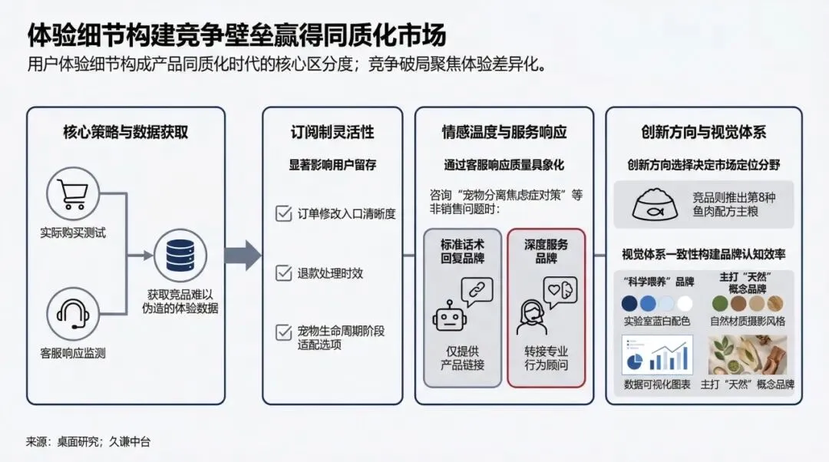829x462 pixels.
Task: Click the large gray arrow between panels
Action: pyautogui.click(x=243, y=255)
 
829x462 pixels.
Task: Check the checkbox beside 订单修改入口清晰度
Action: pyautogui.click(x=283, y=213)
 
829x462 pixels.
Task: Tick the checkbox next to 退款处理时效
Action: pyautogui.click(x=283, y=272)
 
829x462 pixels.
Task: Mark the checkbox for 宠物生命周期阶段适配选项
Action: pyautogui.click(x=283, y=332)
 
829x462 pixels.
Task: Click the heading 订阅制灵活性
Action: pyautogui.click(x=332, y=132)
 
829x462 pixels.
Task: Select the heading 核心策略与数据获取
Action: pyautogui.click(x=126, y=132)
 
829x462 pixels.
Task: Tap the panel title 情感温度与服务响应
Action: pyautogui.click(x=504, y=132)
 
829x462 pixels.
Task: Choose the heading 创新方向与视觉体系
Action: pyautogui.click(x=704, y=132)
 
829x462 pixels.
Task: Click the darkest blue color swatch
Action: pyautogui.click(x=630, y=303)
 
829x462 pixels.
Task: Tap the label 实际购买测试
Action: pyautogui.click(x=74, y=232)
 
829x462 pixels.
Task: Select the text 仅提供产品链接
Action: pyautogui.click(x=463, y=358)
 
